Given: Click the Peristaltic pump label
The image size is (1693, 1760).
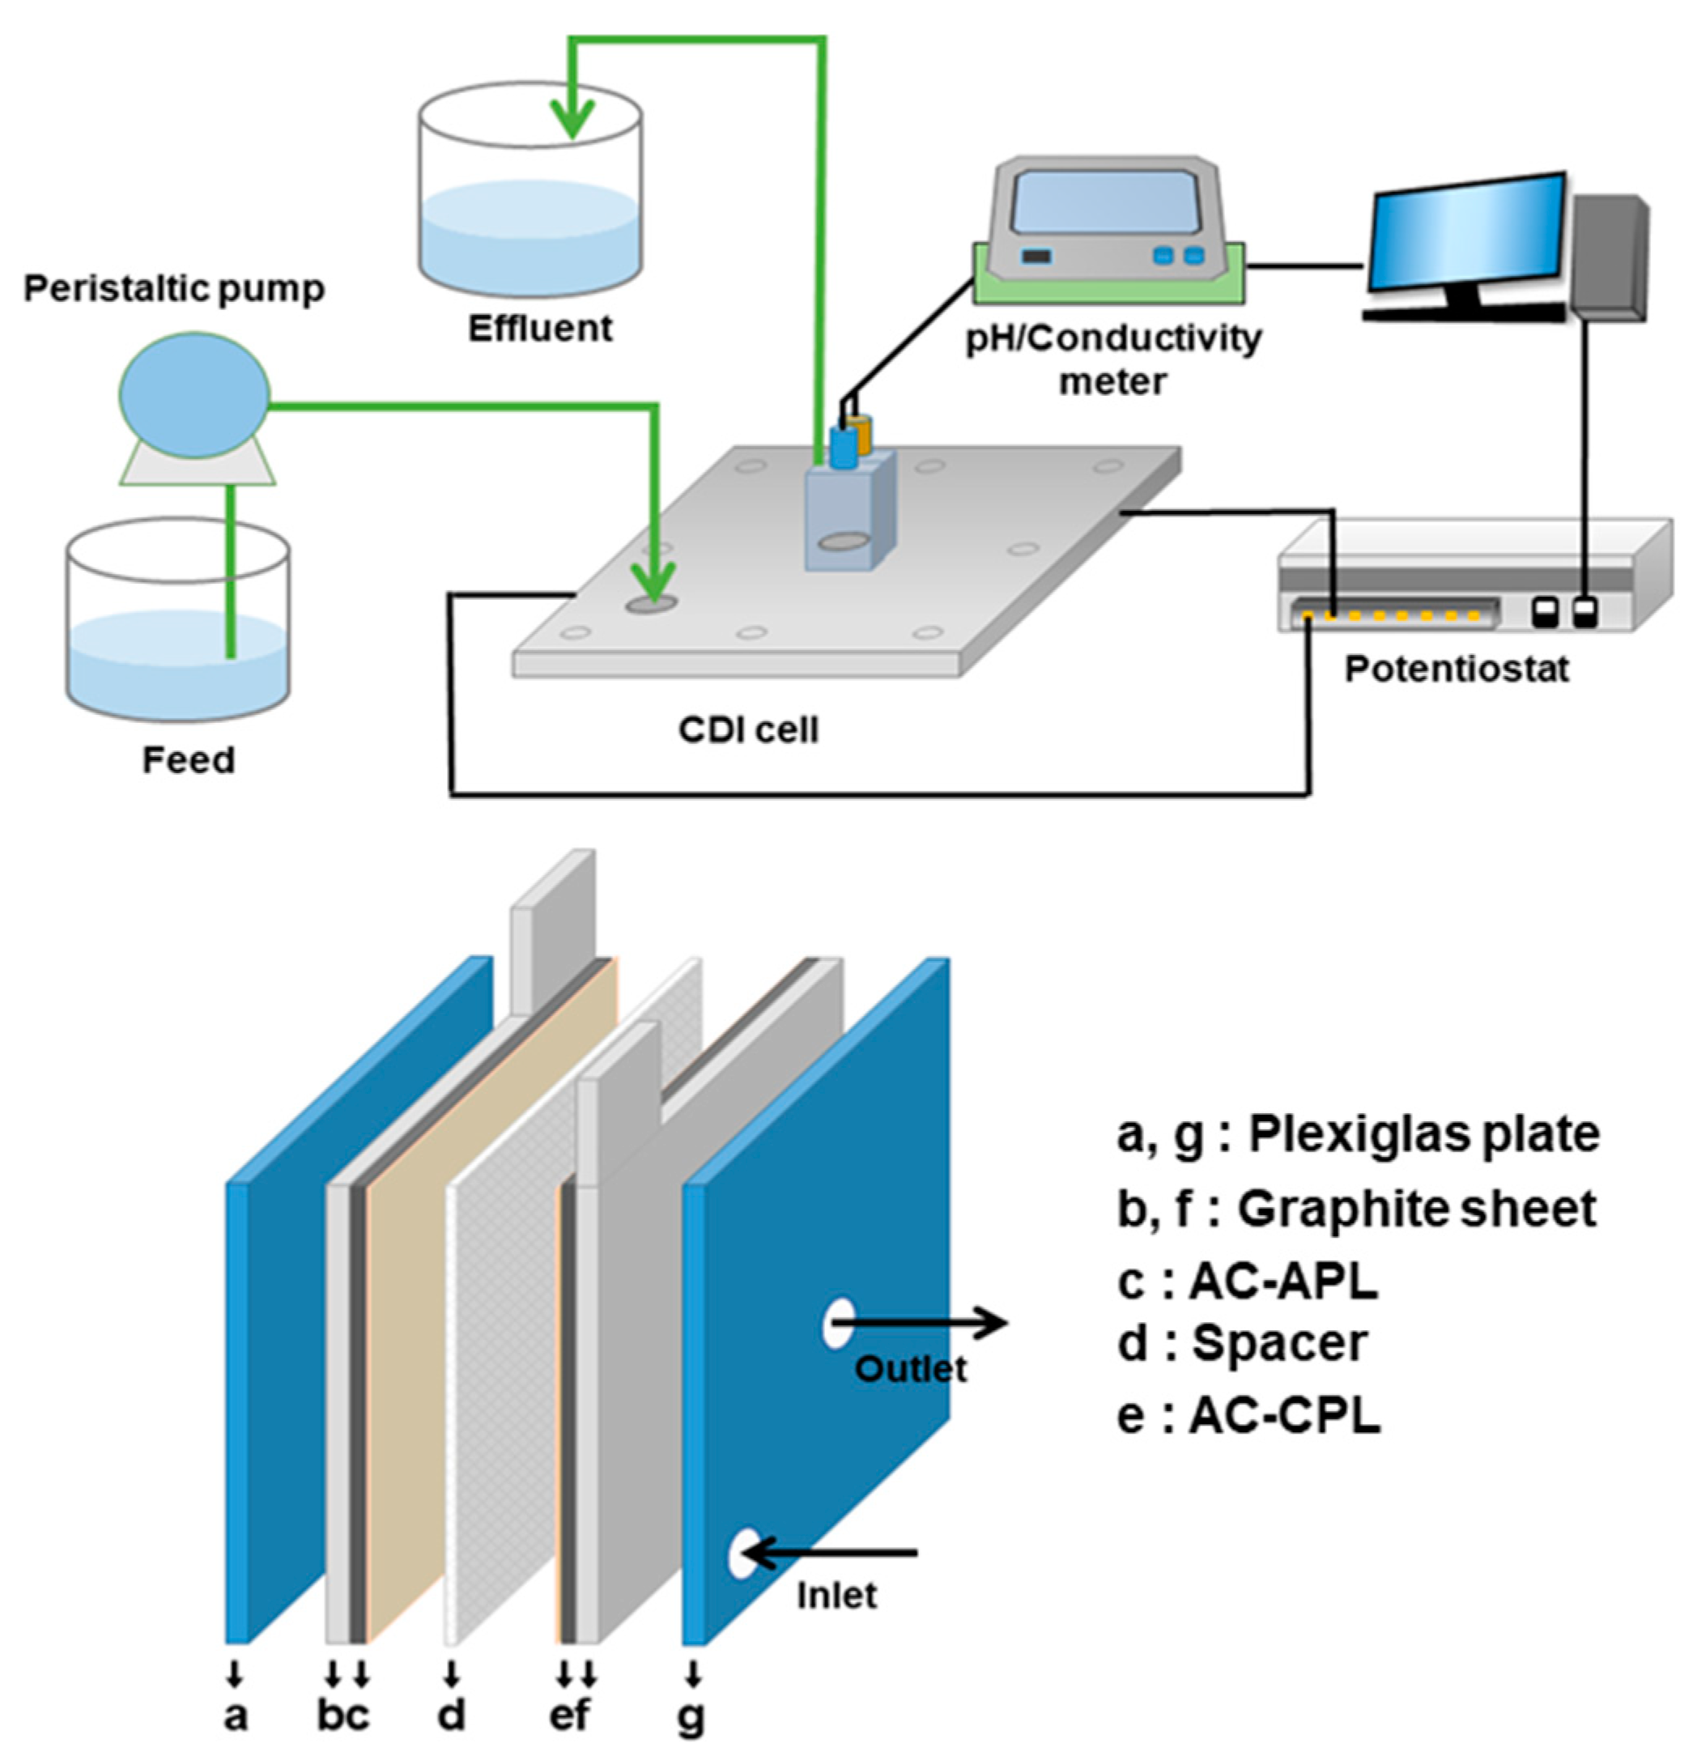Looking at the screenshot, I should click(x=173, y=289).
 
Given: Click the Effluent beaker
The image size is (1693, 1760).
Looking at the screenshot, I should click(x=530, y=206).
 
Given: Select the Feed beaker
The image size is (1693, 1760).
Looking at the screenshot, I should click(x=177, y=628).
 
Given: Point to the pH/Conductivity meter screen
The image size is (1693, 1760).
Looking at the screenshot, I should click(x=1104, y=203).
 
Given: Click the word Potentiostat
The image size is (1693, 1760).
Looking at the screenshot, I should click(x=1456, y=669).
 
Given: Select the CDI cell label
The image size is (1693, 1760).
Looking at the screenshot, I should click(x=748, y=730).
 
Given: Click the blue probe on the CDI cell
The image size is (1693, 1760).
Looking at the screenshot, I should click(x=843, y=446).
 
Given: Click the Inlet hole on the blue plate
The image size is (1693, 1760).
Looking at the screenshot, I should click(x=742, y=1554).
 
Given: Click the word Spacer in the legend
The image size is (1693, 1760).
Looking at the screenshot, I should click(x=1280, y=1343).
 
